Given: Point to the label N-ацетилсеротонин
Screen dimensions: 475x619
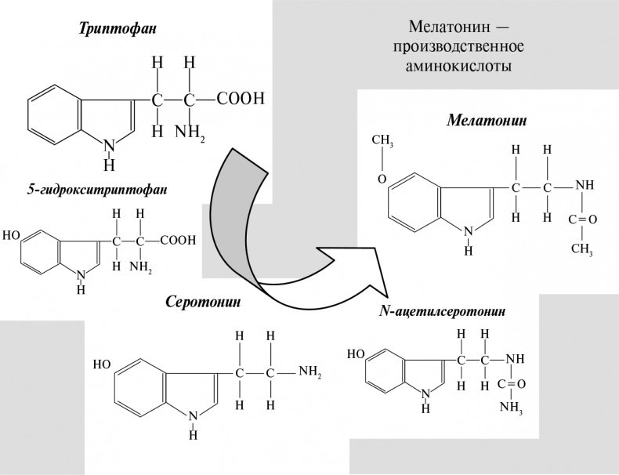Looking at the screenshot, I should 442,311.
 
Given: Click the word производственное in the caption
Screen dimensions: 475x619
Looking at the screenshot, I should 459,46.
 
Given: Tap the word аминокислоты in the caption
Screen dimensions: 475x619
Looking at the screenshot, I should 459,66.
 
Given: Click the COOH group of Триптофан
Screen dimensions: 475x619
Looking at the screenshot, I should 241,99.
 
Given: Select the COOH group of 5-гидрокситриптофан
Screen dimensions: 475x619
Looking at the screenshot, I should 179,241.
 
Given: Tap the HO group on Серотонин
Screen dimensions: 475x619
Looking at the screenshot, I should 102,364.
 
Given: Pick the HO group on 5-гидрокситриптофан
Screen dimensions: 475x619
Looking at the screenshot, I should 12,234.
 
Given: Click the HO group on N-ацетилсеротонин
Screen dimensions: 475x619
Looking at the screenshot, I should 355,354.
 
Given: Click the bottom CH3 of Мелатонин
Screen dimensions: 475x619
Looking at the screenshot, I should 581,248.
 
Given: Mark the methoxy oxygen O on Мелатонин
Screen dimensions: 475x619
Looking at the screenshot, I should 382,179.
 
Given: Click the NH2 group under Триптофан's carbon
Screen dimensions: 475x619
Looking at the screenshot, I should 190,131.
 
